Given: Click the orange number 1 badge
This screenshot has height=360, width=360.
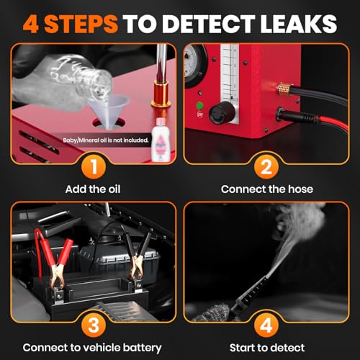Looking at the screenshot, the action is [x=94, y=166].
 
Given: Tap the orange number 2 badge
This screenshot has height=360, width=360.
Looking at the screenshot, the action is [x=266, y=166].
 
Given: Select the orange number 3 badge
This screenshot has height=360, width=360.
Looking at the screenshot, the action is [x=94, y=325].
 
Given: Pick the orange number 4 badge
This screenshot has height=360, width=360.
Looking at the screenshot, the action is [x=266, y=325].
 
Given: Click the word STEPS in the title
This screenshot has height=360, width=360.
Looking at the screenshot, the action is [x=81, y=24].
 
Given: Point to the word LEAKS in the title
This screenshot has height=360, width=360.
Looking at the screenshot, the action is [x=299, y=24].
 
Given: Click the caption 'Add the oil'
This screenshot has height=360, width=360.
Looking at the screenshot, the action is [x=93, y=189].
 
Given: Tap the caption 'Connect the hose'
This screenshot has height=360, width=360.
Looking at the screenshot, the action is [x=267, y=189].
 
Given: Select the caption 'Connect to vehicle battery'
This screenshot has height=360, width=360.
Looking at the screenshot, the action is [x=92, y=348].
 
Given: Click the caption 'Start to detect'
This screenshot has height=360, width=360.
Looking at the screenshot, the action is [x=267, y=348].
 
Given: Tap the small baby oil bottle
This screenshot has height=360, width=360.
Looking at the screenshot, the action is [x=161, y=140].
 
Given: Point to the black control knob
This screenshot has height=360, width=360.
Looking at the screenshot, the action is [x=222, y=112].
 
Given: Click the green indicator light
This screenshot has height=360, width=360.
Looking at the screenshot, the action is [x=199, y=105].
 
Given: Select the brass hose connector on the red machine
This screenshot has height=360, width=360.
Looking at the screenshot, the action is [x=284, y=89].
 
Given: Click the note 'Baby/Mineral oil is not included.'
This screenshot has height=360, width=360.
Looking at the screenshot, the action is [x=106, y=140].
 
